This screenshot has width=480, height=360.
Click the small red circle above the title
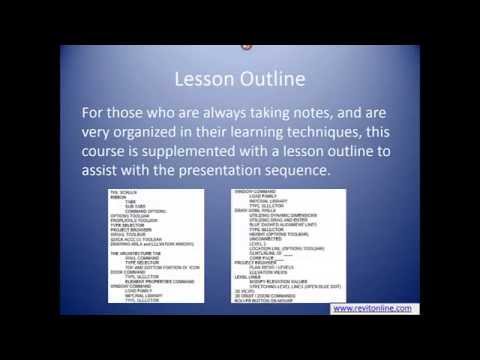(245, 45)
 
